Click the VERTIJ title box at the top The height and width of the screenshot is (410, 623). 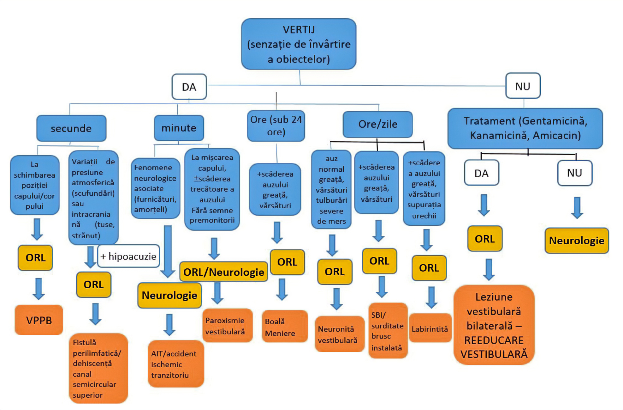[299, 44]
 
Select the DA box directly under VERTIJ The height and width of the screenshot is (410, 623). [189, 87]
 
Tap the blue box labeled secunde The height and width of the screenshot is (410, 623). [71, 128]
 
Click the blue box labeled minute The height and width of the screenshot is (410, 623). [179, 128]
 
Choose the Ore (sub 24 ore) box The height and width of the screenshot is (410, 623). [276, 125]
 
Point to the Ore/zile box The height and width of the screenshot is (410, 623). [377, 124]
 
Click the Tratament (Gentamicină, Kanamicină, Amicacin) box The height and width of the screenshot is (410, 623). [525, 128]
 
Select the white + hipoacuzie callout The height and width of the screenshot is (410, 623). [128, 256]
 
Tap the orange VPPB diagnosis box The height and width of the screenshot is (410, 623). [39, 320]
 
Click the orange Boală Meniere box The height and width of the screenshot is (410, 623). [285, 326]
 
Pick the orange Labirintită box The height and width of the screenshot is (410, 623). [430, 328]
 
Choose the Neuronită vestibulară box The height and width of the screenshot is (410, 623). [340, 334]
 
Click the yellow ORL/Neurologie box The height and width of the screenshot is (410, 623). [224, 272]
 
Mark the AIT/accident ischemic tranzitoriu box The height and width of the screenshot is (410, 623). [176, 364]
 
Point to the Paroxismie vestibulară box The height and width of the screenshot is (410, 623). [227, 326]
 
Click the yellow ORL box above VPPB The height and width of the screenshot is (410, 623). [35, 258]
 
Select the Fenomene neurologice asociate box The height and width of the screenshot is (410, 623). [155, 188]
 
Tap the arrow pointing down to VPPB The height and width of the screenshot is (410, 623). [39, 289]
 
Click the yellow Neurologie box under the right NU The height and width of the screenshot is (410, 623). [577, 241]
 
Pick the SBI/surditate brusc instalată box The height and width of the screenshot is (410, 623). [388, 331]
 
